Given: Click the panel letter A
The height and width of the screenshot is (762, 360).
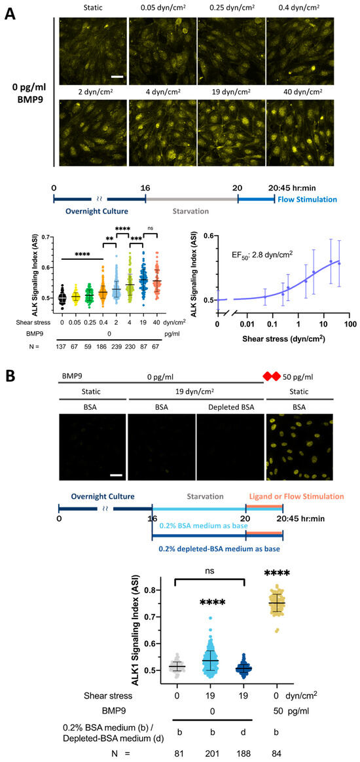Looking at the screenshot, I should pos(11,11).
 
